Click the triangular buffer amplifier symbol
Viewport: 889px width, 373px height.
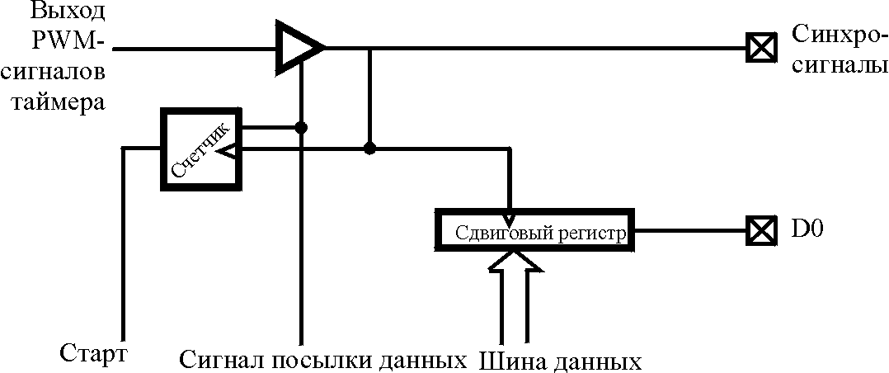tap(297, 46)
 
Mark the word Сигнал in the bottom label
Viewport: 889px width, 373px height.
tap(218, 361)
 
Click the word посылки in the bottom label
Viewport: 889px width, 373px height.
tap(315, 361)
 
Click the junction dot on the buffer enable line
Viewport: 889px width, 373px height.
tap(302, 127)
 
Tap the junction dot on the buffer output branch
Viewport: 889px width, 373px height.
tap(370, 149)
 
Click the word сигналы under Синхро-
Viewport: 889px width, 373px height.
tap(834, 66)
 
